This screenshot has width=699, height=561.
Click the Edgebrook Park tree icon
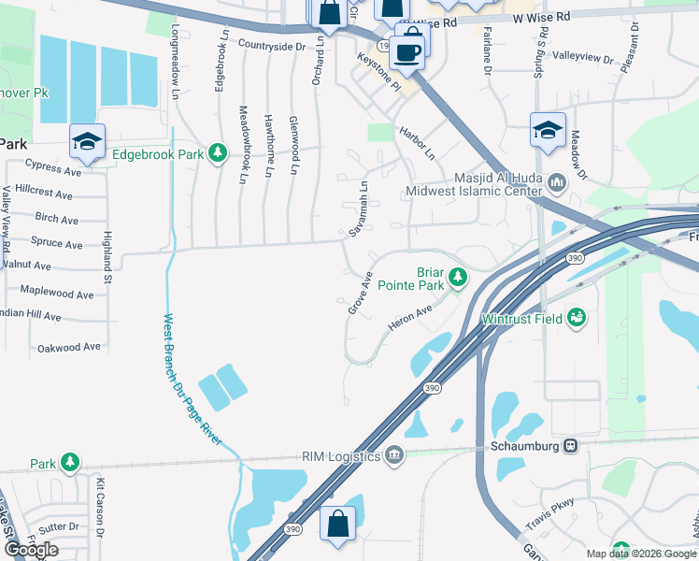tap(218, 152)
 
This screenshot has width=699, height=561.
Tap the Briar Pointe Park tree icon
tap(457, 277)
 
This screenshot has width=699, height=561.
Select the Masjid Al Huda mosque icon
tap(557, 183)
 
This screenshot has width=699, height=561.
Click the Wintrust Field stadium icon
tap(577, 319)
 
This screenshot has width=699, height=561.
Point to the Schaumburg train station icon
tap(568, 446)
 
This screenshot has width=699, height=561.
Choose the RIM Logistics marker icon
tap(394, 455)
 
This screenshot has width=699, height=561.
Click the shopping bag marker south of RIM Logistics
tap(337, 524)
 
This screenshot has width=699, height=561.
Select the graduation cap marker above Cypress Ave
tap(87, 141)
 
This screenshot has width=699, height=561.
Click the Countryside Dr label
tap(272, 45)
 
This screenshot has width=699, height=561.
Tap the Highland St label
tap(107, 259)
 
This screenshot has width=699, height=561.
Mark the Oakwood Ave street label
tap(68, 347)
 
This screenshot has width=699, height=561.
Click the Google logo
tap(32, 550)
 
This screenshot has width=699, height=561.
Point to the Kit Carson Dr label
tap(99, 505)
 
